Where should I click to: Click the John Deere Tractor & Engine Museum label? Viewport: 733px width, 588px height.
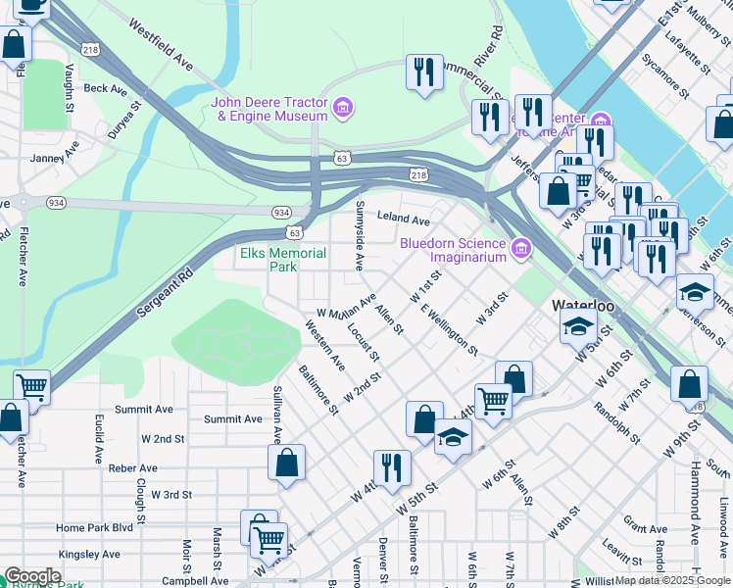[x=270, y=109]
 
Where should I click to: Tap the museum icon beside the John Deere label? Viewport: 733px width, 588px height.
[x=342, y=107]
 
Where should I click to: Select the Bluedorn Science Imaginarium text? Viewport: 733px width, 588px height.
[x=453, y=250]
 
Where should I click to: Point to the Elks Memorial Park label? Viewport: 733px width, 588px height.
[x=283, y=260]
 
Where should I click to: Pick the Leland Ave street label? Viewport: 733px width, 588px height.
[x=404, y=220]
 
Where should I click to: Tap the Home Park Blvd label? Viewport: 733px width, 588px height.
[x=94, y=527]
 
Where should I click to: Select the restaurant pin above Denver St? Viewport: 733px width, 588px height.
[x=391, y=468]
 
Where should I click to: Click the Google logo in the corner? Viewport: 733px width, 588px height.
[x=32, y=577]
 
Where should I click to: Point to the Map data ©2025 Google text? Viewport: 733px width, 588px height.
[x=672, y=580]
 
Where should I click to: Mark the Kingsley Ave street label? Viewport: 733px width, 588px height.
[x=88, y=555]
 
